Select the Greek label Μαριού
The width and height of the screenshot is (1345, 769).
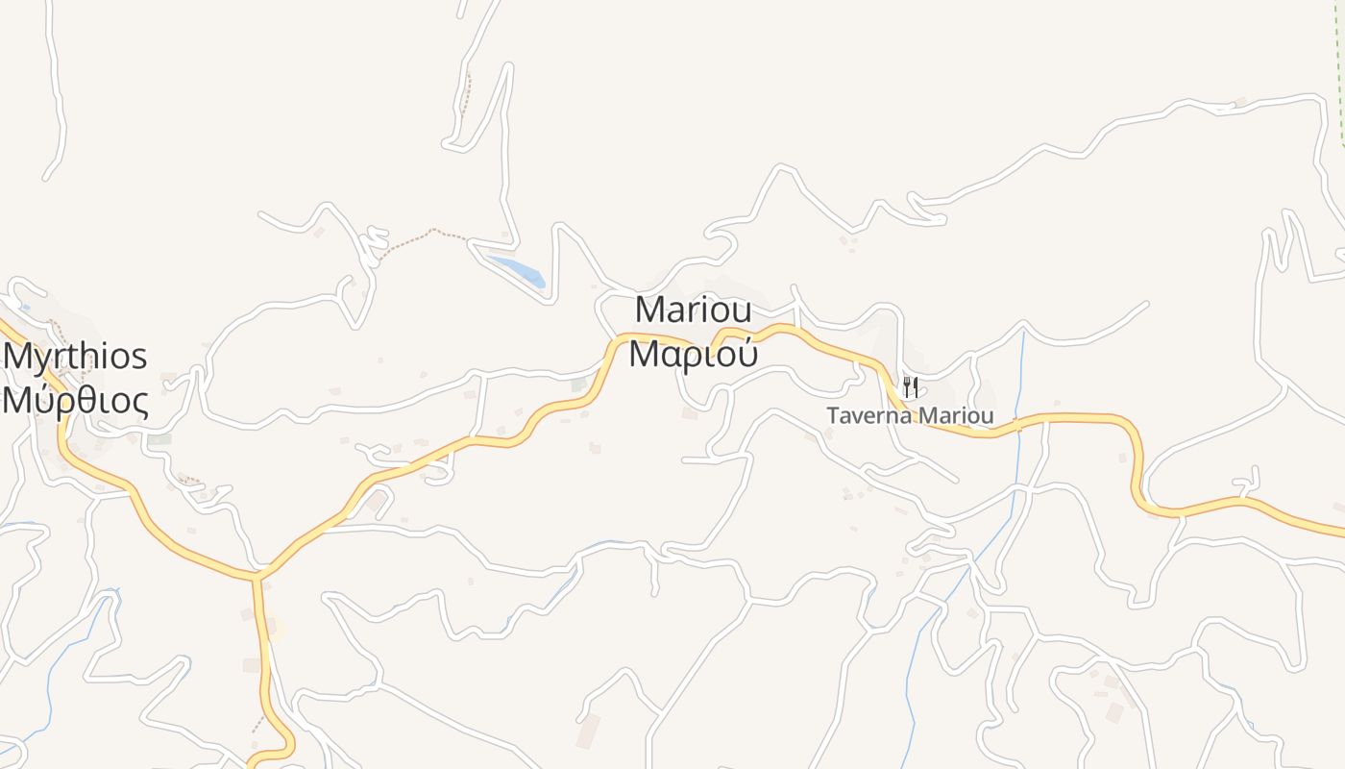(694, 354)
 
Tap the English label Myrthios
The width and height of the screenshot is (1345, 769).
(75, 357)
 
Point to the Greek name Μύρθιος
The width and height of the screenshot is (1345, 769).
(75, 400)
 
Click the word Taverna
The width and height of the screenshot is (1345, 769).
(868, 416)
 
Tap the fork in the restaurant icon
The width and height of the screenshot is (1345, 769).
(906, 387)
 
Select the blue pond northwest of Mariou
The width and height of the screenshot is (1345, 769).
(518, 268)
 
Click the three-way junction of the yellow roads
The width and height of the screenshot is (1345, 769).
(257, 576)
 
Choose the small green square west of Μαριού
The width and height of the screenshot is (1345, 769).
(578, 384)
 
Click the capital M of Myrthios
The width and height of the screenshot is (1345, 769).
(17, 357)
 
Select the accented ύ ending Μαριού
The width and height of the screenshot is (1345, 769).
(746, 353)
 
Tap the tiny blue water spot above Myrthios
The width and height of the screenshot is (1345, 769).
(25, 308)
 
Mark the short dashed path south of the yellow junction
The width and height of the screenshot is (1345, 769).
(258, 722)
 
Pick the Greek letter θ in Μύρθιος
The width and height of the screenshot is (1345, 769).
(83, 400)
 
